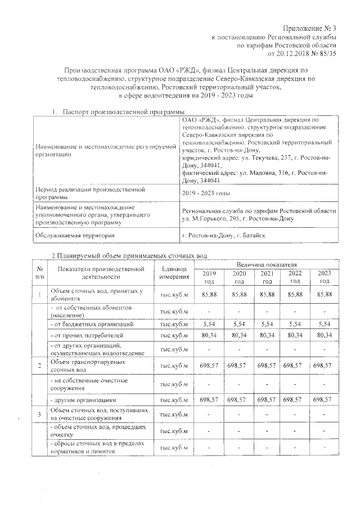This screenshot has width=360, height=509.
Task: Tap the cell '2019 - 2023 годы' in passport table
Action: tap(206, 193)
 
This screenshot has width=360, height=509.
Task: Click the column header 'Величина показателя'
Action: tap(267, 263)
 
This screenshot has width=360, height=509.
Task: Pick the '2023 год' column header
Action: tap(324, 277)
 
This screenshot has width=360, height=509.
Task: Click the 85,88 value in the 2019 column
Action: tap(209, 295)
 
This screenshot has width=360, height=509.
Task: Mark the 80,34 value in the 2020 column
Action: tap(239, 336)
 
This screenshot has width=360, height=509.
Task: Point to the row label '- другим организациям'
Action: tap(84, 400)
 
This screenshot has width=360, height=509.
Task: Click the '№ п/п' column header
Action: tap(39, 273)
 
